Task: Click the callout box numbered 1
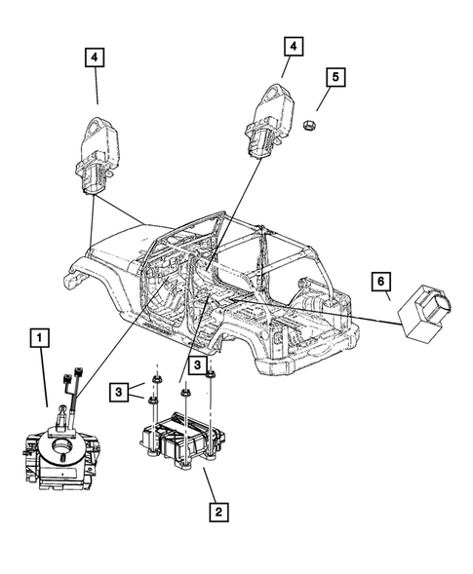point(39,339)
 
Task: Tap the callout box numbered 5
point(335,76)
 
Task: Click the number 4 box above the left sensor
point(96,58)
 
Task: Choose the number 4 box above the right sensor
point(293,46)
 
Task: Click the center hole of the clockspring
point(63,451)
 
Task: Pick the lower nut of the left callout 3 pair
point(153,400)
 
